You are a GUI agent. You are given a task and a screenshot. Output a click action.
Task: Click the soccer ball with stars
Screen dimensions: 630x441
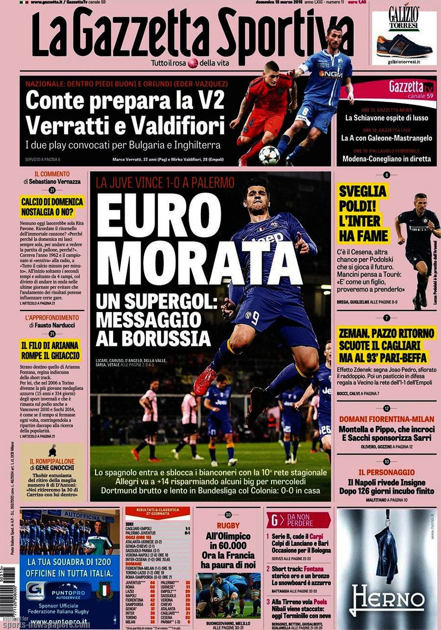pyautogui.click(x=269, y=155)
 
